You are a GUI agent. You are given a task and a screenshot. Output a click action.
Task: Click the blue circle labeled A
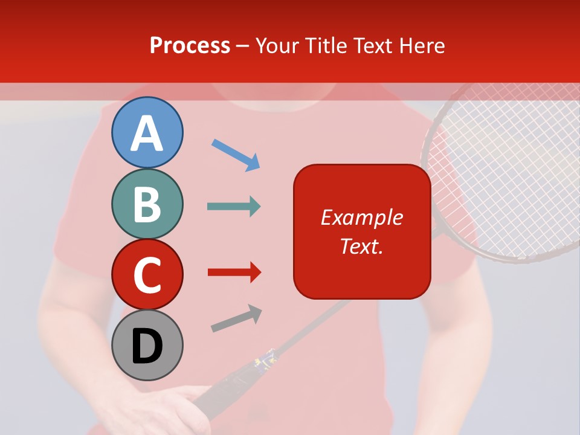pyautogui.click(x=147, y=132)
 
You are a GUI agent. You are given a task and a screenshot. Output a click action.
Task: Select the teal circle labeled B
pyautogui.click(x=147, y=204)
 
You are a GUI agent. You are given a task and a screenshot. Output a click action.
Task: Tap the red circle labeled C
pyautogui.click(x=147, y=274)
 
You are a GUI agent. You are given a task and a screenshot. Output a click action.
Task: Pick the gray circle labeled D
pyautogui.click(x=147, y=345)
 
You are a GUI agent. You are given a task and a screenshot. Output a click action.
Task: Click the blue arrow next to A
pyautogui.click(x=236, y=155)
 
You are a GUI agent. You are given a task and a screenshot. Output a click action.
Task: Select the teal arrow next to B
pyautogui.click(x=234, y=207)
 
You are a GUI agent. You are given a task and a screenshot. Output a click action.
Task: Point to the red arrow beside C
pyautogui.click(x=234, y=272)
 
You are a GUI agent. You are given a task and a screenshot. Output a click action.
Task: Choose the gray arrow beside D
pyautogui.click(x=236, y=318)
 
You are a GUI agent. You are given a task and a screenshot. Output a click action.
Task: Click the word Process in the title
pyautogui.click(x=190, y=46)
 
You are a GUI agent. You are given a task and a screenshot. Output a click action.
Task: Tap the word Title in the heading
pyautogui.click(x=326, y=46)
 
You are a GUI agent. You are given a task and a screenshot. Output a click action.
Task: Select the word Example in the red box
pyautogui.click(x=361, y=217)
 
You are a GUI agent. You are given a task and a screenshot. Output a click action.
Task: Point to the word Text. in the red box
pyautogui.click(x=361, y=246)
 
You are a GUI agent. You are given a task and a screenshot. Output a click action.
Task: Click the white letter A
pyautogui.click(x=147, y=134)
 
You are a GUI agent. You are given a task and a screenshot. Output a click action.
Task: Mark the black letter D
pyautogui.click(x=147, y=346)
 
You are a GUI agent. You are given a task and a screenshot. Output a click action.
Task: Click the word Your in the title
pyautogui.click(x=277, y=46)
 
